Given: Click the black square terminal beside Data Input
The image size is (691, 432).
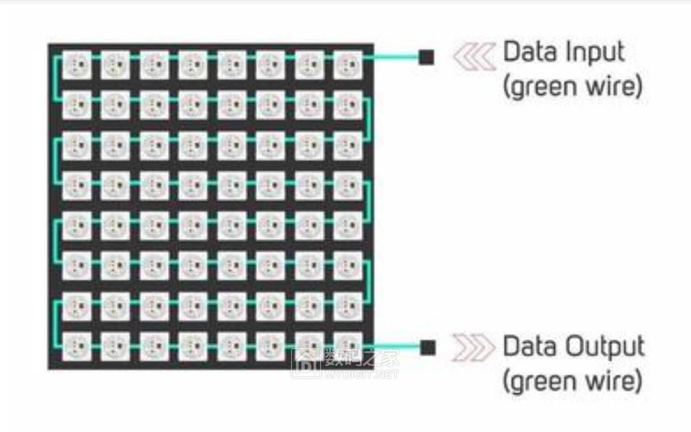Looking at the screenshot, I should pyautogui.click(x=426, y=57).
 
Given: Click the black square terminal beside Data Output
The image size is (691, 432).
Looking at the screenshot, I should pyautogui.click(x=428, y=347).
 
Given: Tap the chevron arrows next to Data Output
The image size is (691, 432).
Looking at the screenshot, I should pyautogui.click(x=473, y=347).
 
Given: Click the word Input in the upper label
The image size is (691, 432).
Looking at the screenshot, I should pyautogui.click(x=593, y=52).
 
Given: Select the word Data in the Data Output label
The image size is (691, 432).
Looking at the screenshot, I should pyautogui.click(x=527, y=346).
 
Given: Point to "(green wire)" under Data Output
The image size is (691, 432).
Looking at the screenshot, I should pyautogui.click(x=572, y=380).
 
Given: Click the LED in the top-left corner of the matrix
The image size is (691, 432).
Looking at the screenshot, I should pyautogui.click(x=77, y=65).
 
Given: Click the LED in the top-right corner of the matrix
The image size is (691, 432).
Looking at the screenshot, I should pyautogui.click(x=347, y=65).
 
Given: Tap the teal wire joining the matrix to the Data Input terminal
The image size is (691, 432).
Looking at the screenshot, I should pyautogui.click(x=391, y=57).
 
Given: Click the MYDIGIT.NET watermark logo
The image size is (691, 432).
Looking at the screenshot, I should pyautogui.click(x=345, y=363).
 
